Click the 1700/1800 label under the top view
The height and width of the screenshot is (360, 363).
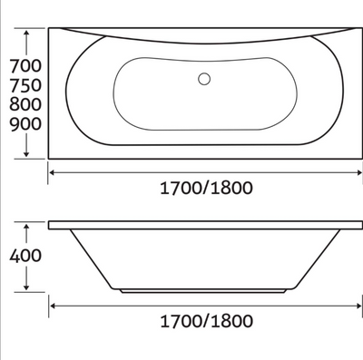click(203, 189)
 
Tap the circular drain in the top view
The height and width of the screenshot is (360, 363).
click(204, 79)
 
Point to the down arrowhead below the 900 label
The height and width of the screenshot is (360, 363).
click(32, 153)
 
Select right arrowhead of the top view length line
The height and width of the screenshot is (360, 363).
click(355, 170)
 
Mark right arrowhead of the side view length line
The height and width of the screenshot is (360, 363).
click(355, 304)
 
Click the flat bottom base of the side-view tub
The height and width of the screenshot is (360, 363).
click(203, 290)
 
